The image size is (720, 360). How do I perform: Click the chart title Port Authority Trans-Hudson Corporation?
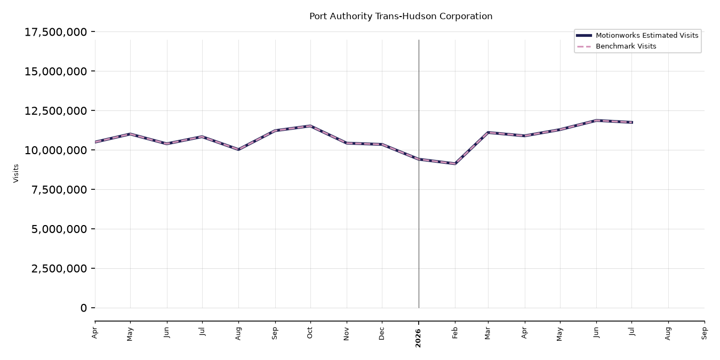point(401,16)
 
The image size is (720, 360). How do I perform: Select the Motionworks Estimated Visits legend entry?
point(637,35)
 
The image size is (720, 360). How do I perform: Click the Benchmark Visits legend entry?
point(617,46)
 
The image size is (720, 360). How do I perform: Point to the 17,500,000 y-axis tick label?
point(55,32)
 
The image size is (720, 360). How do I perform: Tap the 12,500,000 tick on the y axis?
point(55,111)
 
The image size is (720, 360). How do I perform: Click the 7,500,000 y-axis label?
point(59,190)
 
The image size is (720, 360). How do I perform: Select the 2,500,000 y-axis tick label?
point(59,268)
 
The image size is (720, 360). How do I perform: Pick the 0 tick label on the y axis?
point(84,308)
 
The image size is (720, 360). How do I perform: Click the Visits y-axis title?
point(16,173)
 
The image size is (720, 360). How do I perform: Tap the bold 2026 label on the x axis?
point(418,338)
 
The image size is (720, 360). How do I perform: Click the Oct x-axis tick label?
point(309,333)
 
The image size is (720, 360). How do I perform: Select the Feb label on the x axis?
point(455,333)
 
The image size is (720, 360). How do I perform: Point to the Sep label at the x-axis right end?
point(704,333)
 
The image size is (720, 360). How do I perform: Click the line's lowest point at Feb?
point(455,164)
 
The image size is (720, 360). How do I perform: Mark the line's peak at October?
point(310,126)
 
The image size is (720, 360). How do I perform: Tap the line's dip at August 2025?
point(238,149)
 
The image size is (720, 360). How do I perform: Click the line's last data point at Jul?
point(632,122)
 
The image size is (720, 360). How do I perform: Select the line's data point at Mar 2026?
point(488,132)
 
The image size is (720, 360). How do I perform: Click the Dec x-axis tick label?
point(381,334)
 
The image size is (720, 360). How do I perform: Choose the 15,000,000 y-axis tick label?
point(55,71)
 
